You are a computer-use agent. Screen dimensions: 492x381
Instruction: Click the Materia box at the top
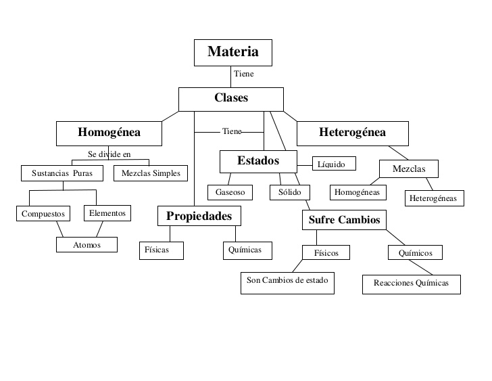pos(232,53)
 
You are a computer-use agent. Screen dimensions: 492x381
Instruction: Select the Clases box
pos(231,99)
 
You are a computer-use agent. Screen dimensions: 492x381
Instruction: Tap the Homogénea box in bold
pos(109,133)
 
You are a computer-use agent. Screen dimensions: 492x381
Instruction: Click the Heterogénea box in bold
pos(352,133)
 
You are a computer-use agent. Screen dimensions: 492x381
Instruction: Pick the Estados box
pos(258,162)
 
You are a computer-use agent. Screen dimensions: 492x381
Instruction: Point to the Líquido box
pos(334,163)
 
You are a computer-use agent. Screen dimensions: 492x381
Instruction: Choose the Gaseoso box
pos(230,192)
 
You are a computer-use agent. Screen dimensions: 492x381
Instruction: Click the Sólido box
pos(290,192)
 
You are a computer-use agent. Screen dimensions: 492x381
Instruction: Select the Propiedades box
pos(199,216)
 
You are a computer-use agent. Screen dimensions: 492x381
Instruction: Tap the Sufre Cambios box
pos(344,220)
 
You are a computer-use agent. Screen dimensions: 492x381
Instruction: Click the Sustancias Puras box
pos(62,173)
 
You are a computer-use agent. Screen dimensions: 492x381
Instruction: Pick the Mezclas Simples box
pos(151,173)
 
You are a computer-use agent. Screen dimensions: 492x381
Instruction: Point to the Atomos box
pos(87,245)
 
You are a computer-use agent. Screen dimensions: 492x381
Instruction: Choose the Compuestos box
pos(43,214)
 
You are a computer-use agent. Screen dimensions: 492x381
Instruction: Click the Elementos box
pos(107,213)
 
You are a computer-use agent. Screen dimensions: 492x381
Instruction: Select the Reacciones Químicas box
pos(412,285)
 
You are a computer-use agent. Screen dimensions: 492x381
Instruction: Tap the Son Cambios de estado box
pos(287,283)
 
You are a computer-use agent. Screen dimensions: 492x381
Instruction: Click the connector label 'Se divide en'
pos(109,154)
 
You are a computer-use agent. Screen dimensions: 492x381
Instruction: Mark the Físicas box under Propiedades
pos(162,250)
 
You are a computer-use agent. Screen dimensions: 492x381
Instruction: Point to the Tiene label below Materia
pos(243,74)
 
